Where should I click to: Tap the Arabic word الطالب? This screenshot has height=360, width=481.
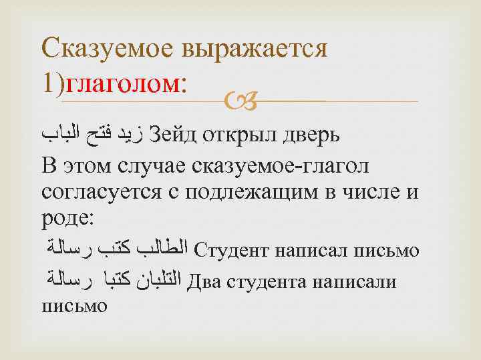165,251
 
